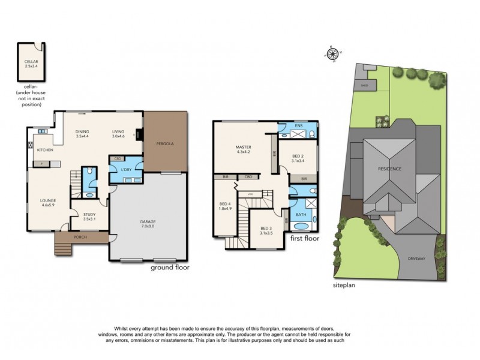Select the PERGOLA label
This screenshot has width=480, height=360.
[x=166, y=144]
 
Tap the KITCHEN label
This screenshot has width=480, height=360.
[x=46, y=150]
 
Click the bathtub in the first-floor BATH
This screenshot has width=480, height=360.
[x=299, y=227]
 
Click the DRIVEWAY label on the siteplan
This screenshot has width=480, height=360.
[x=416, y=259]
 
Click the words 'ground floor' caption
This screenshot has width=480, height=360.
[x=170, y=268]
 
